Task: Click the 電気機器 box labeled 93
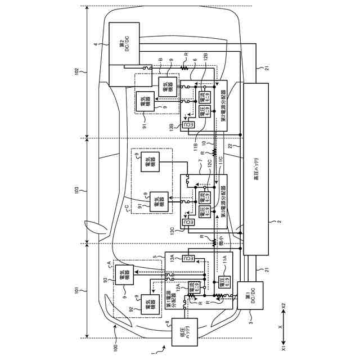pyautogui.click(x=124, y=274)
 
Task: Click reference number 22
pyautogui.click(x=231, y=146)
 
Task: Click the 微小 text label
pyautogui.click(x=220, y=242)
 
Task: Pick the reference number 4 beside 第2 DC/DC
pyautogui.click(x=96, y=44)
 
